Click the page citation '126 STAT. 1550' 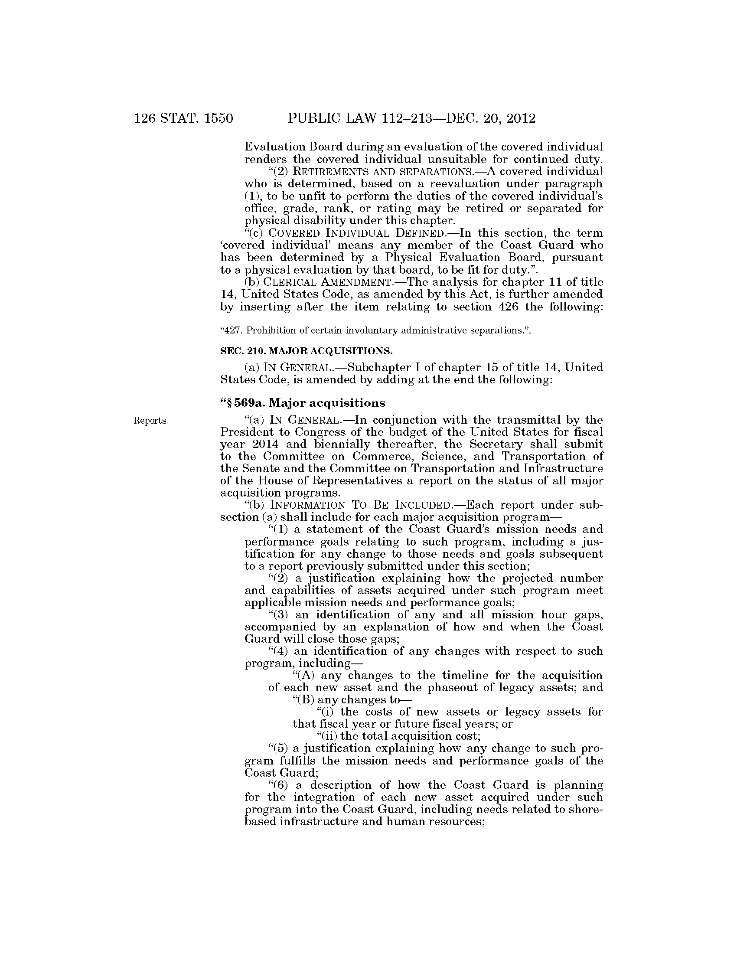coord(183,118)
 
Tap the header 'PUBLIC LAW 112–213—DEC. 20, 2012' coord(411,118)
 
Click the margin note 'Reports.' coord(150,421)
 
